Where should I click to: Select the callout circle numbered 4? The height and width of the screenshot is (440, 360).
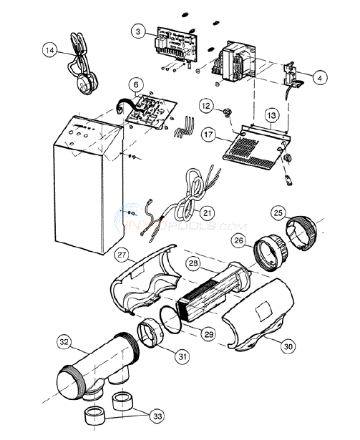(321, 76)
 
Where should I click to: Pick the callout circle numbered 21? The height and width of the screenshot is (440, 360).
(207, 212)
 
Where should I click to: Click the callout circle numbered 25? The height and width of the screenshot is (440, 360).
(278, 212)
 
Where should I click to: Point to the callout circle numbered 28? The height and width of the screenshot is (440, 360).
(193, 265)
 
